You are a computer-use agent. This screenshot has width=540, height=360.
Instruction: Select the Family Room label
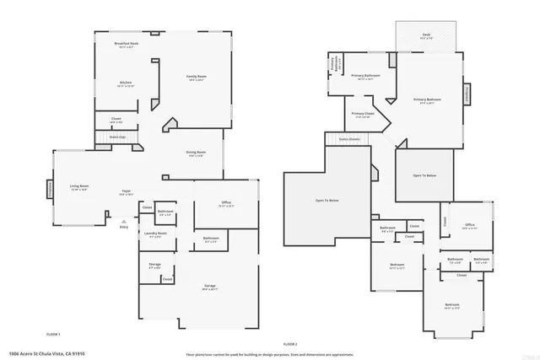coord(197,78)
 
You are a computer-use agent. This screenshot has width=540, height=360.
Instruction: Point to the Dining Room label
coord(197,153)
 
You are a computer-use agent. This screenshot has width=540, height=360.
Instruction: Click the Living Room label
coord(79,187)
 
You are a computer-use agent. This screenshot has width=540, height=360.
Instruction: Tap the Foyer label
coord(125,192)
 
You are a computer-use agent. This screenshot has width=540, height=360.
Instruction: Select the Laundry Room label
coord(155,234)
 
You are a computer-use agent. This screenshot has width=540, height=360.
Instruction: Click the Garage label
coord(210,287)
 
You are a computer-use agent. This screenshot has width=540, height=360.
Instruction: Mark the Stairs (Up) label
coord(116,137)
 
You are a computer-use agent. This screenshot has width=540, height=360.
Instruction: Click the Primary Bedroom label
coord(427,101)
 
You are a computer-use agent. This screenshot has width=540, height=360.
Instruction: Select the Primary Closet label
coord(363,115)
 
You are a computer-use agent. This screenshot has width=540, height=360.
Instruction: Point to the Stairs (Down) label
coord(349,139)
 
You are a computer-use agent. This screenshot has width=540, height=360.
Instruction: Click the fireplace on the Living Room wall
coord(48,190)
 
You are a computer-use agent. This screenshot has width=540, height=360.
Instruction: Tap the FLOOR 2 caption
coord(290,345)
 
